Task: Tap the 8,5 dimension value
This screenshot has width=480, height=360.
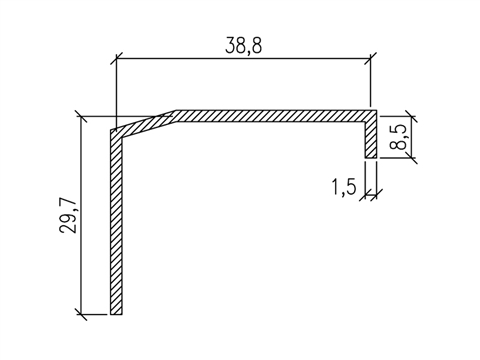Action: (x=400, y=134)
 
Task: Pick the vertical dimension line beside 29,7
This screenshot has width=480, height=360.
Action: (x=79, y=215)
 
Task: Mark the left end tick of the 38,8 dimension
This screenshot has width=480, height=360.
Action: (x=116, y=59)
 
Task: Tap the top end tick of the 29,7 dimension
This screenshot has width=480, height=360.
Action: (x=79, y=112)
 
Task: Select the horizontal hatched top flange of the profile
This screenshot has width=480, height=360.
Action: (x=270, y=115)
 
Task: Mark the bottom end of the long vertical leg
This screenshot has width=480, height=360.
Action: (x=117, y=314)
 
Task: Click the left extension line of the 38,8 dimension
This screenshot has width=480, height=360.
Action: (x=116, y=90)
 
